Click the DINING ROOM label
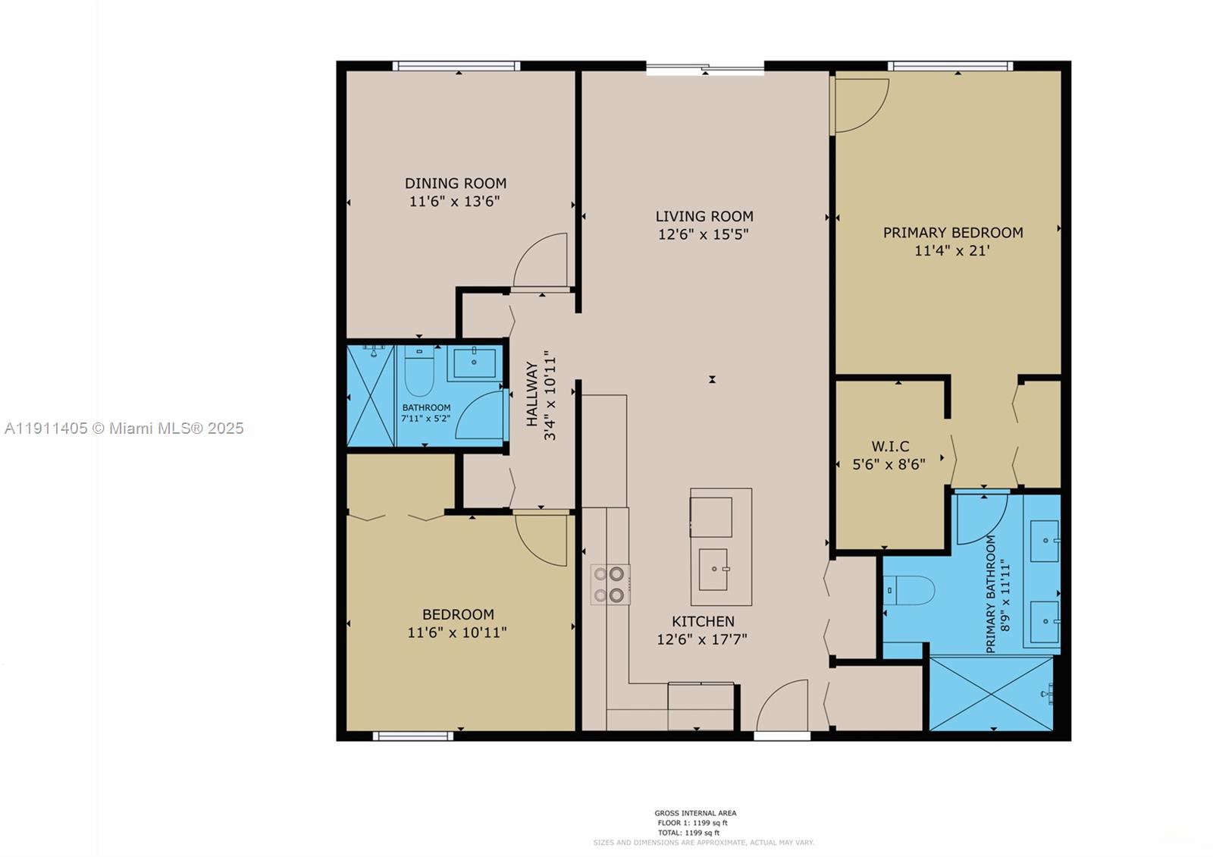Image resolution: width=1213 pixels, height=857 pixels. pos(455,183)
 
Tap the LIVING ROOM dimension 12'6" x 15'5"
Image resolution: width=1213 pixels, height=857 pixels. pos(703,234)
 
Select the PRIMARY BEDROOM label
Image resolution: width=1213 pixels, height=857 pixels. pos(952,232)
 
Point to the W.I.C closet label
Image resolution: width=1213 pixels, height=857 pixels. pos(889,446)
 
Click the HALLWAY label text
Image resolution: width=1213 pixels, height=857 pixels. pos(532,394)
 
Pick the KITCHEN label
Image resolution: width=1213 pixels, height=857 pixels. pos(702,621)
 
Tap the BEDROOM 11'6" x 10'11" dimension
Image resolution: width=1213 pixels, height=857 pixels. pos(456,632)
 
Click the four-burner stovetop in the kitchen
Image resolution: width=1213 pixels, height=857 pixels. pos(610,585)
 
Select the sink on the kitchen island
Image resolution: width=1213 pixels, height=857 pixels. pos(714,570)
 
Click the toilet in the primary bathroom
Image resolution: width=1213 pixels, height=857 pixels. pos(909,590)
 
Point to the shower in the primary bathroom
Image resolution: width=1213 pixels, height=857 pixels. pos(991,694)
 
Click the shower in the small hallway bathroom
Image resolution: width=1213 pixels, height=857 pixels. pos(371,396)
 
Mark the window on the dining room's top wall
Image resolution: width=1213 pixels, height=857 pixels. pos(456,66)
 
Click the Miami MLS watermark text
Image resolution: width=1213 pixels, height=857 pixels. pos(124,428)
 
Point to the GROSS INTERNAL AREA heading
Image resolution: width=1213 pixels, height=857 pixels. pos(695,813)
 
